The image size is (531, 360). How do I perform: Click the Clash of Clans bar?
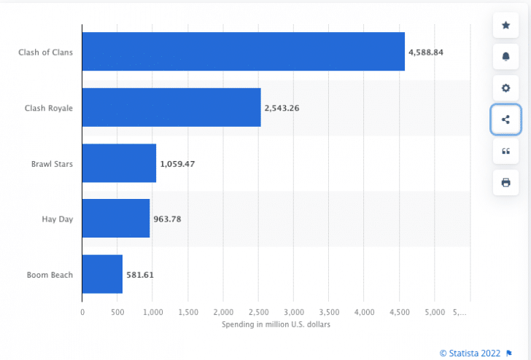click(243, 52)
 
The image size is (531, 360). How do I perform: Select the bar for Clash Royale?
click(171, 107)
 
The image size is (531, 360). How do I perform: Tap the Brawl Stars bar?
click(119, 163)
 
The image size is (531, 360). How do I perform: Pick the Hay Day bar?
click(116, 219)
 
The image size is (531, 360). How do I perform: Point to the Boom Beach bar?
click(102, 274)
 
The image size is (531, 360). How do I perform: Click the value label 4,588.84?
click(426, 52)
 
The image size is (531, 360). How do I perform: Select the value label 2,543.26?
click(282, 108)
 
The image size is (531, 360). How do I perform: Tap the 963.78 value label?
click(167, 219)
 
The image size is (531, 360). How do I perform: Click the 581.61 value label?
click(139, 275)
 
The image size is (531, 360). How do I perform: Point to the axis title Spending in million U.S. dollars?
click(276, 324)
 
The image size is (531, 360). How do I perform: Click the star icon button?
click(506, 26)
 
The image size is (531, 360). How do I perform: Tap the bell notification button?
click(506, 57)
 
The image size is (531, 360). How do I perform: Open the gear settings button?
click(506, 88)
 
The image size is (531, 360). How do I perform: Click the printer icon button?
click(506, 182)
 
